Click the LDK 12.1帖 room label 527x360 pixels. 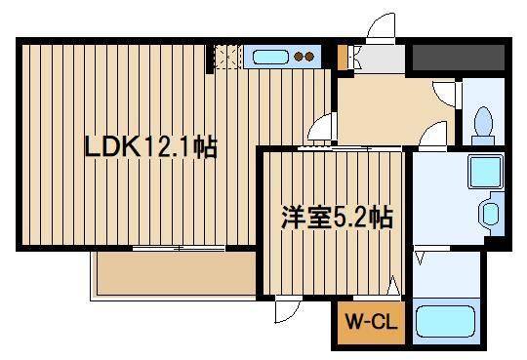151,147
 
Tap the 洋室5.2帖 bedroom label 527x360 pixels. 337,218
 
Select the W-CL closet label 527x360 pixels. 371,322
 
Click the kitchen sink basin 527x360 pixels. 270,57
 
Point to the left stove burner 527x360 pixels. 299,57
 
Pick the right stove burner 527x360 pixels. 309,57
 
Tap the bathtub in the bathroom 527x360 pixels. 445,321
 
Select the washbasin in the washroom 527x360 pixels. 491,214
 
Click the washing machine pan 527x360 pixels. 485,172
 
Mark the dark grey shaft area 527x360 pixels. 459,58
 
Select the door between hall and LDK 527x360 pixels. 321,127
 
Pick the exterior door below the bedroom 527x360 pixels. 288,309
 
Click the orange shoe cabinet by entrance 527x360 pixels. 342,58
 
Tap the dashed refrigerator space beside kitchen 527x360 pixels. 227,57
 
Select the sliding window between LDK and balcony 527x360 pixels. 179,249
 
